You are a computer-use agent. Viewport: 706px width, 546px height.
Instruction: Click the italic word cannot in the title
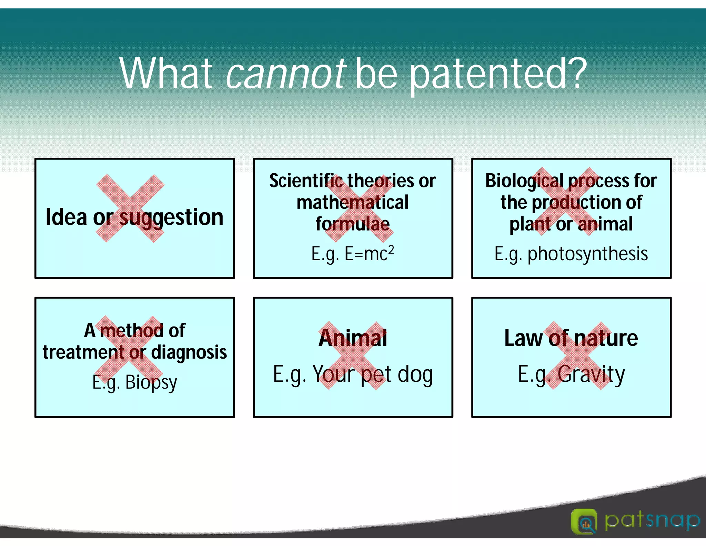click(x=286, y=74)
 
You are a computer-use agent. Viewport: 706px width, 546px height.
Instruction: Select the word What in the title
click(x=166, y=74)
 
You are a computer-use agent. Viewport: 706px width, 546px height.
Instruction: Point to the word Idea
click(x=66, y=217)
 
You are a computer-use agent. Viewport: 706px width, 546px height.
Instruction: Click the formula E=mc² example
click(x=369, y=254)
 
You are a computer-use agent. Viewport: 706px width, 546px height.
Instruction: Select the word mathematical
click(x=352, y=203)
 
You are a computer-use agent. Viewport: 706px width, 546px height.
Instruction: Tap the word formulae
click(x=352, y=224)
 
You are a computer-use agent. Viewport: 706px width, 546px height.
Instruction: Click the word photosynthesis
click(x=587, y=254)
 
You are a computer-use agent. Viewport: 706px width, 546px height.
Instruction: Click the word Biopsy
click(x=151, y=382)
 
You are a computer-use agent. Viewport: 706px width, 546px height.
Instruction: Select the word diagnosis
click(x=189, y=352)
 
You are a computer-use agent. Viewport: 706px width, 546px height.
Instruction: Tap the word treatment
click(x=83, y=352)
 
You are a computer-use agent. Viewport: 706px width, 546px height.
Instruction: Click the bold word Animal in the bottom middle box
click(x=352, y=338)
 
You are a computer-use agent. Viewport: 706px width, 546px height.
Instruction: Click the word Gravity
click(x=591, y=374)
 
